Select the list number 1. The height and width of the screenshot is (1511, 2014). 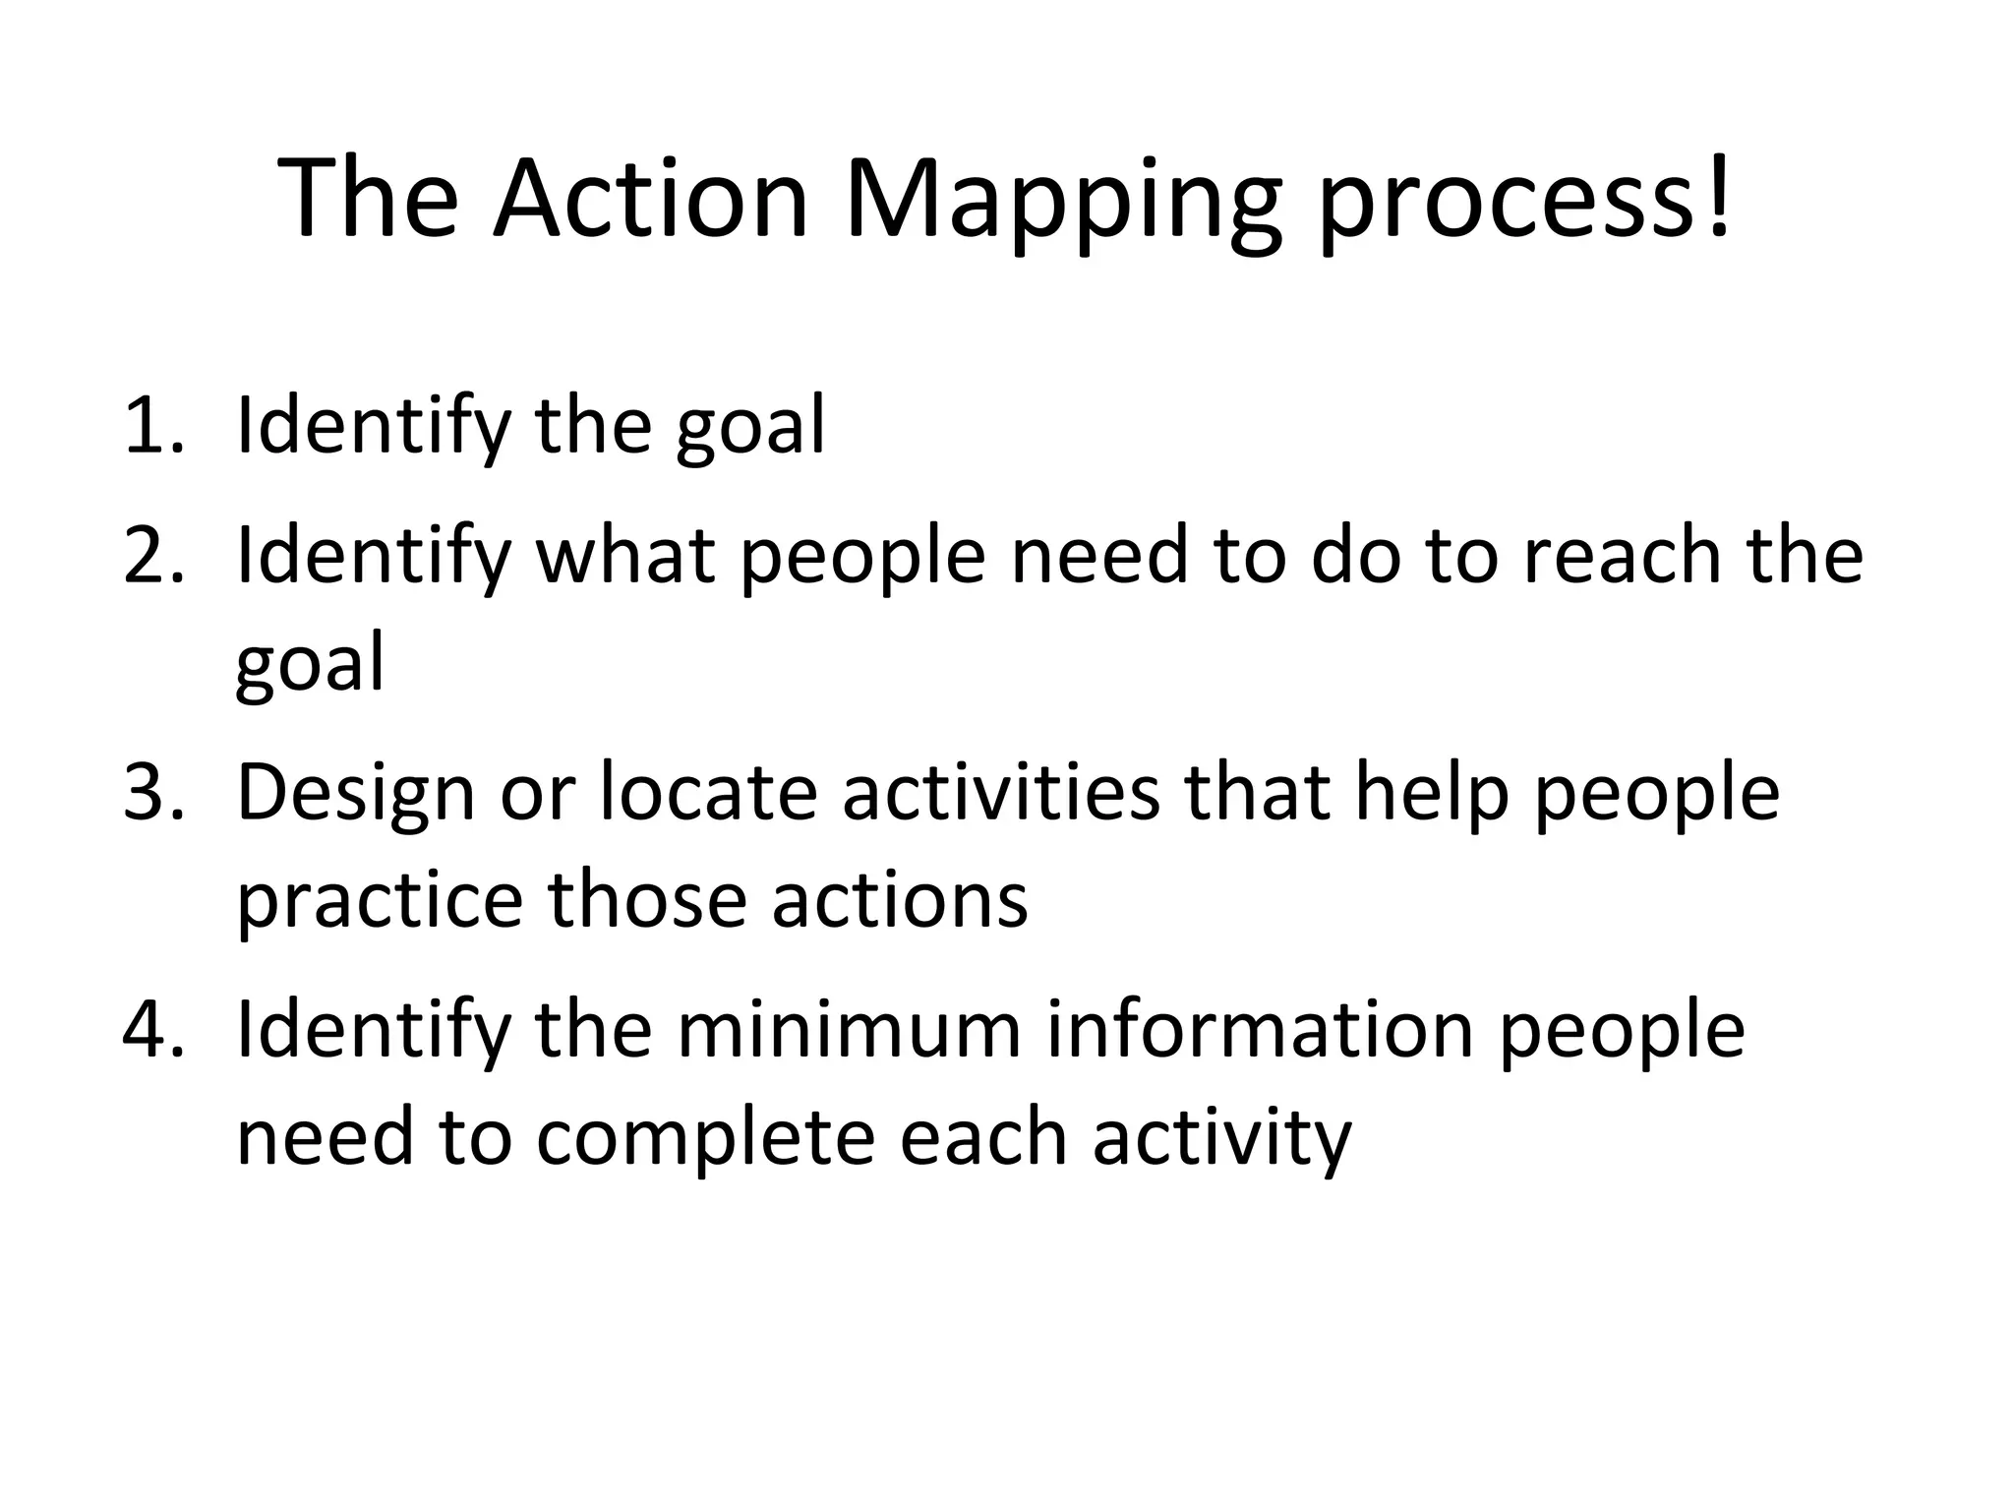[x=153, y=426]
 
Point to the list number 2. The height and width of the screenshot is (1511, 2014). [x=153, y=556]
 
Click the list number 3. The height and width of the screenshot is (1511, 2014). [x=153, y=792]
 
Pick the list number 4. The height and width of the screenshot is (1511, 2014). [x=153, y=1030]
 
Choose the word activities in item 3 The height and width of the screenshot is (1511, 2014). [x=1001, y=792]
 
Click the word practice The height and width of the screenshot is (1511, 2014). [x=380, y=903]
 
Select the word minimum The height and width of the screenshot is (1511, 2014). [x=849, y=1030]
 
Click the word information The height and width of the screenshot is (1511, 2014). [x=1260, y=1030]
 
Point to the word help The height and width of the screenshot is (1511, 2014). [x=1432, y=792]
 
